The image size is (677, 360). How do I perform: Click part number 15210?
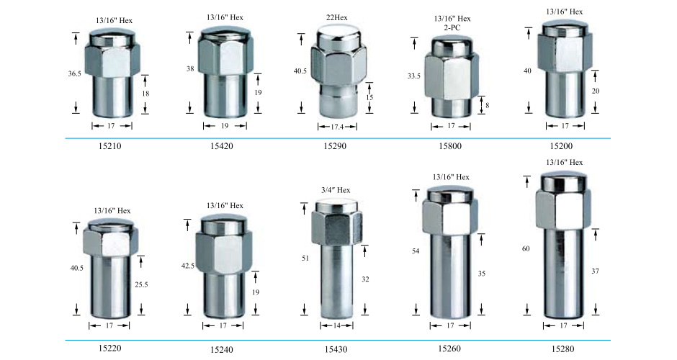tap(109, 146)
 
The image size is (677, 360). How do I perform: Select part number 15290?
tap(335, 146)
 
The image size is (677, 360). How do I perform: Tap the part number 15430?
tap(336, 349)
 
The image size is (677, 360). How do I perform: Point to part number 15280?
tap(562, 348)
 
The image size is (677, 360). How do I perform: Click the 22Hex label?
tap(336, 18)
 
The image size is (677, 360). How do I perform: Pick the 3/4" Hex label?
tap(336, 190)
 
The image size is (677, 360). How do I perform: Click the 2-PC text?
tap(452, 27)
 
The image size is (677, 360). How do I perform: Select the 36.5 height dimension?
tap(74, 74)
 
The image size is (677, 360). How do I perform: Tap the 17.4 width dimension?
tap(337, 127)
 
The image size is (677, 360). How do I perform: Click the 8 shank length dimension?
tap(488, 105)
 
